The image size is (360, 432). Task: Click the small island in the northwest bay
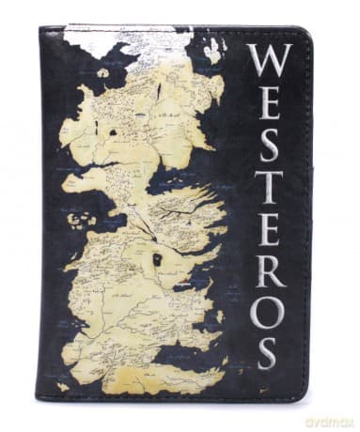tap(102, 72)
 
